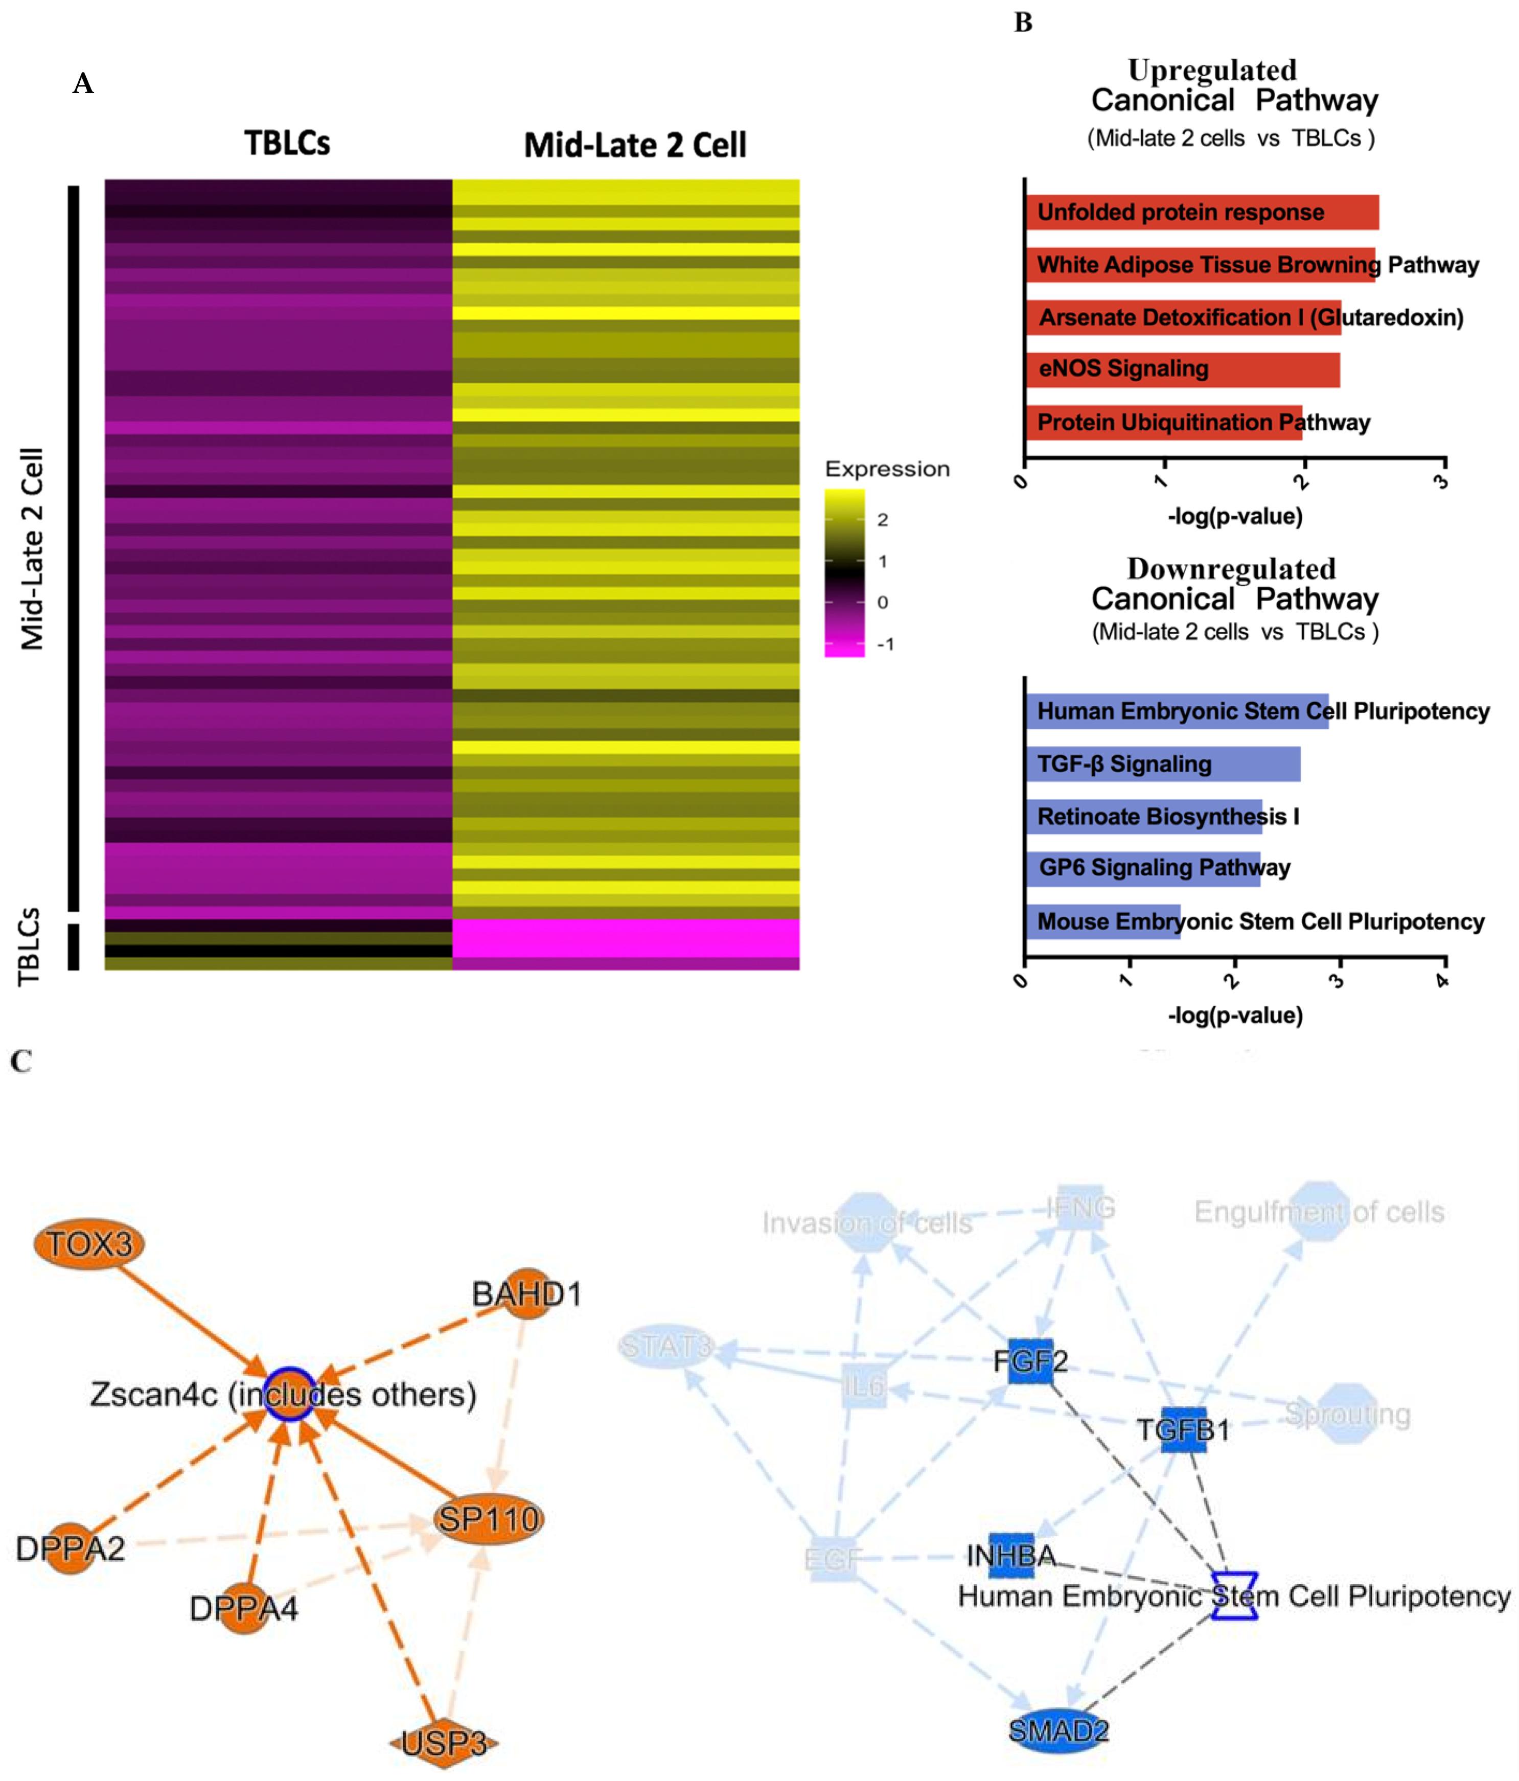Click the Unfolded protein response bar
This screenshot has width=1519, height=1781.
(x=1201, y=212)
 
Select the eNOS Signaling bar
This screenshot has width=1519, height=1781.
(x=1182, y=369)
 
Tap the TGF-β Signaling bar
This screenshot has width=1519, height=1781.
(x=1162, y=764)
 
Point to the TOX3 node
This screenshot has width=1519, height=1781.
(x=88, y=1243)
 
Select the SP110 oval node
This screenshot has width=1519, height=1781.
(x=488, y=1520)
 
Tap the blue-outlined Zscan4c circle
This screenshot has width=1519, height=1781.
(x=290, y=1393)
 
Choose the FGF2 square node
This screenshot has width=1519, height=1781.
(x=1030, y=1361)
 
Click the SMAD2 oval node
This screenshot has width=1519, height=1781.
(x=1057, y=1729)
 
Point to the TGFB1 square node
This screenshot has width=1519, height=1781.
(x=1184, y=1429)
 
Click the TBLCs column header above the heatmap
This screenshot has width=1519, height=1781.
(x=287, y=143)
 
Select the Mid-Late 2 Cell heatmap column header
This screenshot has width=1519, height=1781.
(x=635, y=145)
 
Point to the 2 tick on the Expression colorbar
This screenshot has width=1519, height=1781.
(x=882, y=519)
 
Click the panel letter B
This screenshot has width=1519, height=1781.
(x=1023, y=23)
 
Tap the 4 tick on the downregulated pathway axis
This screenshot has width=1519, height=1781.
(x=1443, y=980)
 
